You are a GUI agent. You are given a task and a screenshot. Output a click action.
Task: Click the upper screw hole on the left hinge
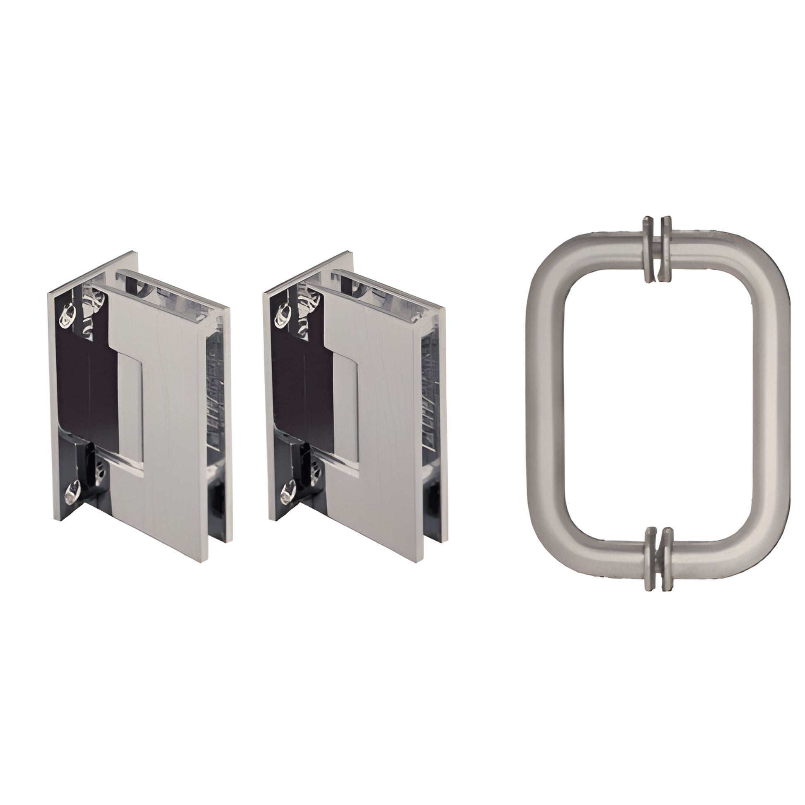point(67,314)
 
